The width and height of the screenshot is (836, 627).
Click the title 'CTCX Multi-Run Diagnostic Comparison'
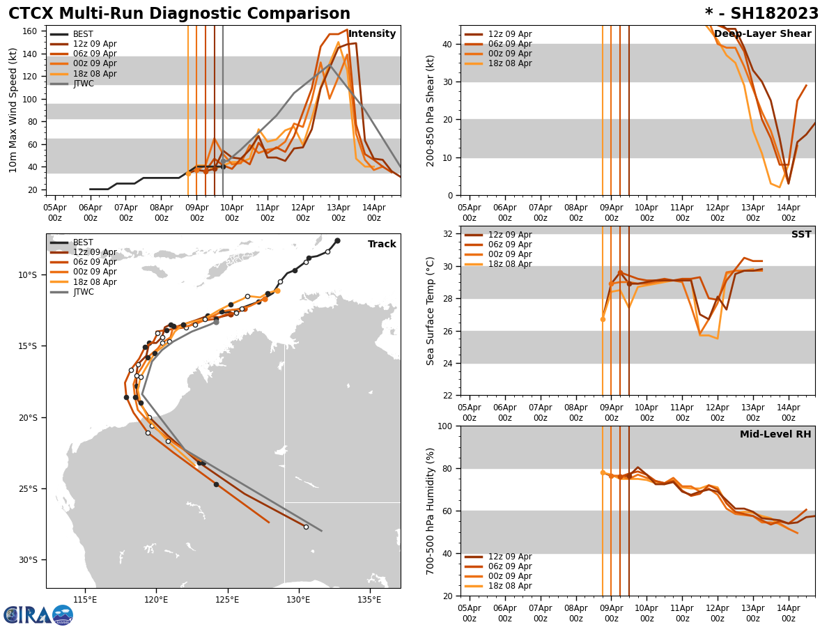179,14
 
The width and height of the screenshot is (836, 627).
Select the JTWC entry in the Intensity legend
83,84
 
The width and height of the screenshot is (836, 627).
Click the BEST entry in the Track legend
83,242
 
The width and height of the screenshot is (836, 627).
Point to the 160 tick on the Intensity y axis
30,31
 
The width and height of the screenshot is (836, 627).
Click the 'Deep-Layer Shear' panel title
762,34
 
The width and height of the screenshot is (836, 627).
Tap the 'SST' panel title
800,235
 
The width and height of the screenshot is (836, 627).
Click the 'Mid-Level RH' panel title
775,435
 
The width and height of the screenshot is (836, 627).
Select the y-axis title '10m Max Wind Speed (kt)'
13,110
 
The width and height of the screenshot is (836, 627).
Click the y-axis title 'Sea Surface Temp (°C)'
431,311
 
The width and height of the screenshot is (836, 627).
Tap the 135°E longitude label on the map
369,600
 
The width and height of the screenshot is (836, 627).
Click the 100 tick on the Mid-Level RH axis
444,426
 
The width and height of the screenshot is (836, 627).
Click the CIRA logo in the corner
38,614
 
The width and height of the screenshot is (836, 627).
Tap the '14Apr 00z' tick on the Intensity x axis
374,212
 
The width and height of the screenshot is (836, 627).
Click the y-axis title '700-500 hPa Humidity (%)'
431,511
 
